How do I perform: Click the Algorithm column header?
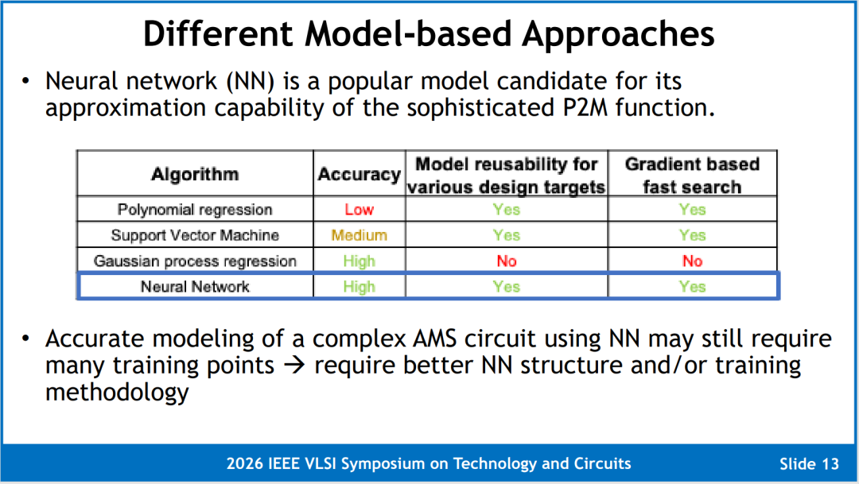195,174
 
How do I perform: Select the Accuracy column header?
360,174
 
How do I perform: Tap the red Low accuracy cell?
360,209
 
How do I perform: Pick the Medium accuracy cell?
360,235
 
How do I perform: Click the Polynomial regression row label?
195,209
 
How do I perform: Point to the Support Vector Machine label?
195,235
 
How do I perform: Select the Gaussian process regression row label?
195,261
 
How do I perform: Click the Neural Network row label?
195,286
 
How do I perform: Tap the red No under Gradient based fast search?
693,261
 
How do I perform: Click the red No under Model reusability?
507,261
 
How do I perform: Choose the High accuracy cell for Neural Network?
360,286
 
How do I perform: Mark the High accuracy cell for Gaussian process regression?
360,261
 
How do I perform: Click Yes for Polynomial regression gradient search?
693,209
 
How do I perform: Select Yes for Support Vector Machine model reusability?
507,235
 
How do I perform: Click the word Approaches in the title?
618,34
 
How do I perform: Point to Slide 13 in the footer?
809,464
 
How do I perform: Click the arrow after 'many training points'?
294,365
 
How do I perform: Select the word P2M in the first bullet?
585,107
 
